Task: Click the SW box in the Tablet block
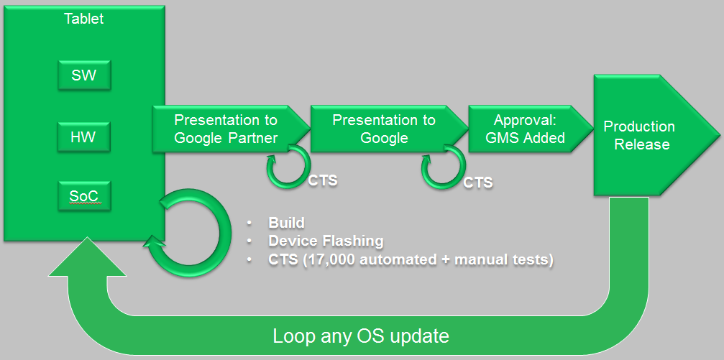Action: tap(84, 75)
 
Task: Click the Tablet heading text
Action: tap(83, 19)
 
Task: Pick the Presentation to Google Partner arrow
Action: tap(226, 129)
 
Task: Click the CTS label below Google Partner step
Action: tap(323, 180)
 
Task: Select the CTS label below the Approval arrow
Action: tap(478, 183)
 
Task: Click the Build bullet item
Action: tap(287, 223)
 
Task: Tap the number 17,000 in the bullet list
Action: tap(324, 259)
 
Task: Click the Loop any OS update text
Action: tap(361, 336)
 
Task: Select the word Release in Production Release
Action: tap(646, 144)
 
